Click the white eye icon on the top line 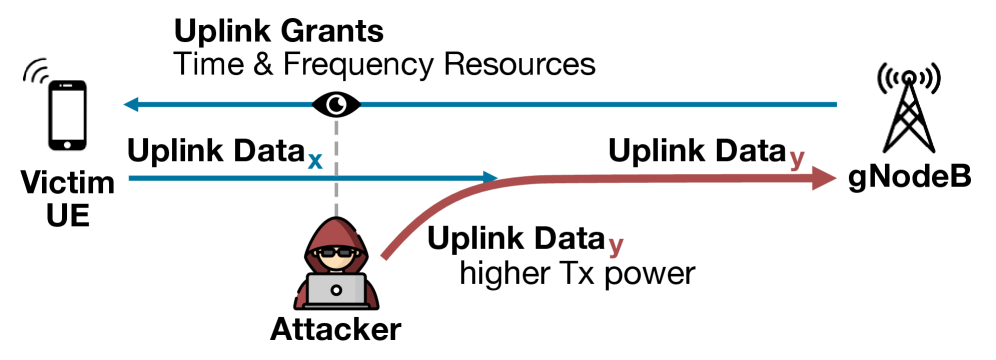tap(336, 104)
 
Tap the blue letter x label tap(315, 161)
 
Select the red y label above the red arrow tap(796, 158)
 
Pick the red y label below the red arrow tap(615, 245)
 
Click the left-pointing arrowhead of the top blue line tap(130, 104)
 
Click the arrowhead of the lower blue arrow tap(491, 178)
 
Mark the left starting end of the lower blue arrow tap(131, 178)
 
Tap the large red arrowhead tap(823, 178)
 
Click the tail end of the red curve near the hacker tap(385, 256)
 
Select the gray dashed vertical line tap(336, 150)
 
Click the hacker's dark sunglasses tap(336, 253)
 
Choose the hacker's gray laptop tap(336, 290)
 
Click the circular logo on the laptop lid tap(336, 290)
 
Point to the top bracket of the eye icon tap(336, 91)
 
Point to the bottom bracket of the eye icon tap(336, 118)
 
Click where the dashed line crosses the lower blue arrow tap(336, 178)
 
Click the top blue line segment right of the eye tap(600, 104)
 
